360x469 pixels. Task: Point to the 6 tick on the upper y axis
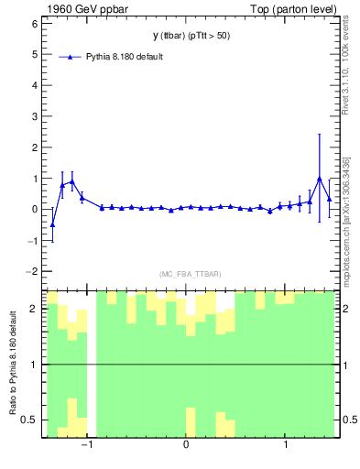coord(33,24)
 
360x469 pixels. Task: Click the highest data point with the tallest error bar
coord(319,179)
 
